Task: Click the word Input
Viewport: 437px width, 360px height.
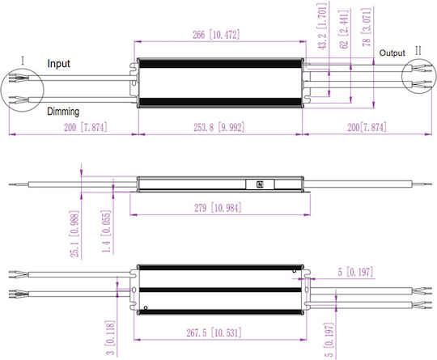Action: click(58, 64)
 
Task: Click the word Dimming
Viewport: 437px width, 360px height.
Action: click(63, 112)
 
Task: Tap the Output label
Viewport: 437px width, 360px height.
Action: click(392, 53)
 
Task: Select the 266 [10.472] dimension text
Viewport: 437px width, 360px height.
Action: click(216, 35)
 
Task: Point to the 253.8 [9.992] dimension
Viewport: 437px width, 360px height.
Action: click(219, 127)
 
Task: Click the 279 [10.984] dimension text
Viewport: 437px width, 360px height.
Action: click(218, 208)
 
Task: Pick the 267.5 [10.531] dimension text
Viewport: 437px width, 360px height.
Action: click(214, 332)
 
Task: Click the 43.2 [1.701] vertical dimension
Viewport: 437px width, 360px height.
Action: click(322, 27)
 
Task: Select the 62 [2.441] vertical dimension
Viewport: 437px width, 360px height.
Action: click(344, 30)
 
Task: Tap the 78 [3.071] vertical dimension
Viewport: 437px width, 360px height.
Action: click(367, 27)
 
